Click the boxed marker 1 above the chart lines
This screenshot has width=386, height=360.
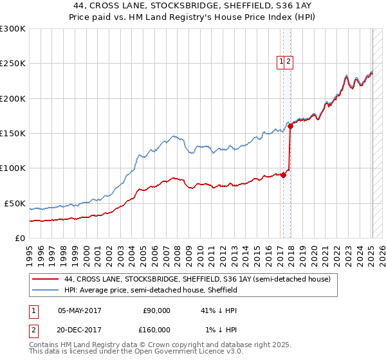point(281,62)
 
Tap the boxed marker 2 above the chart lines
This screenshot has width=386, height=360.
point(289,62)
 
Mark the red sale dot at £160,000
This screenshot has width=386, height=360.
point(291,127)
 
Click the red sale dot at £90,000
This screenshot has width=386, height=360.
point(283,175)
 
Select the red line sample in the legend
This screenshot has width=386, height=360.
point(45,280)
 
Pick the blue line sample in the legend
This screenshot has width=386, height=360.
point(45,291)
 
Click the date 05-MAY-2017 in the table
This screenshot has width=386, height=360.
point(79,310)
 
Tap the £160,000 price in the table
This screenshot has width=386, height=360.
point(156,330)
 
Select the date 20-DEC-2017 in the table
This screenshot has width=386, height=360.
point(79,330)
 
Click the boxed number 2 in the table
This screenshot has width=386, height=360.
point(33,330)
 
